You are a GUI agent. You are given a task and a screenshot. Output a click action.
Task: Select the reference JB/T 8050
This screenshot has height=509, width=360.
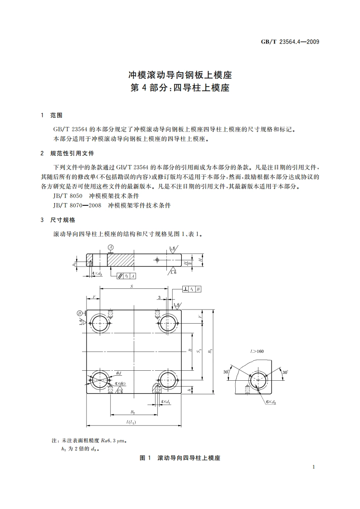pos(68,196)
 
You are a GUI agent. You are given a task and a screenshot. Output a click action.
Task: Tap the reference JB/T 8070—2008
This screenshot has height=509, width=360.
pos(77,205)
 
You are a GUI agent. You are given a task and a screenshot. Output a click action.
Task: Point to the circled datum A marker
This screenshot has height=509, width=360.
pos(110,247)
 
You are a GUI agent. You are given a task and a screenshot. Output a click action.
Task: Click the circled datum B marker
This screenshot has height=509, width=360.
pos(80,313)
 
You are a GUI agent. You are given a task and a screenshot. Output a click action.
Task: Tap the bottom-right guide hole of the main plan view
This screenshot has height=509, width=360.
pos(167,379)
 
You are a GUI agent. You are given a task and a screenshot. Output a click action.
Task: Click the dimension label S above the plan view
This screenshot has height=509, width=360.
pos(131,286)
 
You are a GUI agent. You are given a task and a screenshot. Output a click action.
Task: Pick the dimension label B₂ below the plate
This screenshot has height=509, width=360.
pos(133,412)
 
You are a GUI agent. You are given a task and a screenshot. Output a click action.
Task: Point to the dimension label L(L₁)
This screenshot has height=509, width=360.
pos(131,422)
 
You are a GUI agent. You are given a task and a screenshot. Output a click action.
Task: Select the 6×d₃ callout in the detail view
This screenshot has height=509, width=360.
pos(271,402)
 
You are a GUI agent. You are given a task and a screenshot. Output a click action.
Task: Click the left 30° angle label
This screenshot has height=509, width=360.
pos(226,372)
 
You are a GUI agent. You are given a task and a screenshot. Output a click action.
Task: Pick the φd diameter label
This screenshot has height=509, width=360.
pos(118,373)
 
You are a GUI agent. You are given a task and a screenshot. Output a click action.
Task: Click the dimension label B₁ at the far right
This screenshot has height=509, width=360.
pos(210,351)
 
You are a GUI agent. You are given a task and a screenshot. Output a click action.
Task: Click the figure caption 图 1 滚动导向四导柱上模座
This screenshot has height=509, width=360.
pos(180,458)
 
